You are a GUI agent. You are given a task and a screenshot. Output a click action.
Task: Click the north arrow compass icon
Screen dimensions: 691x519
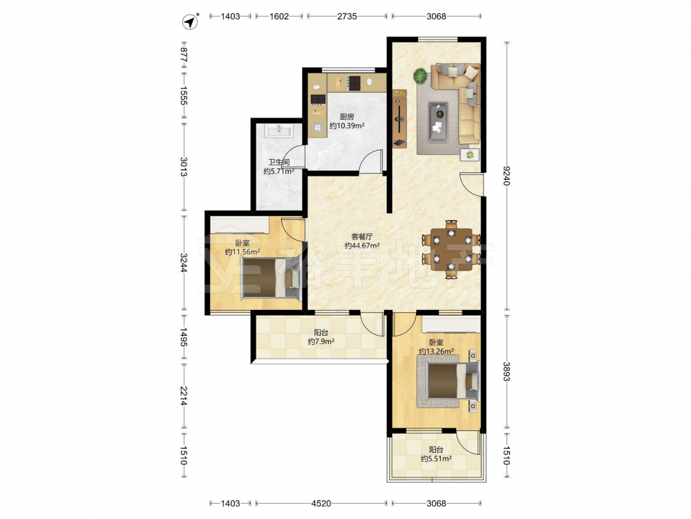point(191,21)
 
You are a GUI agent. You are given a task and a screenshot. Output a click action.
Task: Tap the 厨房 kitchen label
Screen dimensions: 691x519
point(347,116)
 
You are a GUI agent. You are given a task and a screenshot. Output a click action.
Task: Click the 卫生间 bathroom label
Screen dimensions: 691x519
point(279,163)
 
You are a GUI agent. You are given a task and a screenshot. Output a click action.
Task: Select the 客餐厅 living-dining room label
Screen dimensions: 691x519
point(362,237)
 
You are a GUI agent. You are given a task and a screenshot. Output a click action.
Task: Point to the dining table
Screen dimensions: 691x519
point(451,249)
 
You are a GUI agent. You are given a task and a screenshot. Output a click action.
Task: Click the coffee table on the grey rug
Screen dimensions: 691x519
point(438,122)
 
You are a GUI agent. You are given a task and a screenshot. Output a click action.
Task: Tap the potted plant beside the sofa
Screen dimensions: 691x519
point(420,76)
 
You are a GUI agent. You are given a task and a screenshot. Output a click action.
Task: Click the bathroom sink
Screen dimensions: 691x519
point(278,131)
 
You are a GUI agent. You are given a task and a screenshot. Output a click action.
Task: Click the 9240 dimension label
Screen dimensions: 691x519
point(507,176)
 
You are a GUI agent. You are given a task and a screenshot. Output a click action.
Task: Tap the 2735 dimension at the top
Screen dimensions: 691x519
point(347,17)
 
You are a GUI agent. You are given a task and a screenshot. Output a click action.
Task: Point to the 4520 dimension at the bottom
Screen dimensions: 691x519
point(321,503)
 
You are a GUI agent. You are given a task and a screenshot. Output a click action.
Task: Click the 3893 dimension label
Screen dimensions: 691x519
point(507,372)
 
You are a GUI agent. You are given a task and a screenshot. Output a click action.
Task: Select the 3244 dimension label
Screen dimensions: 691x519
point(183,262)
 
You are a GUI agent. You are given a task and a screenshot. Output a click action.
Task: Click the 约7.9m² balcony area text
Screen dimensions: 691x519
point(321,342)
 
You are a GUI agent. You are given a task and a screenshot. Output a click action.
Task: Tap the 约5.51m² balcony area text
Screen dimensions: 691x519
point(436,459)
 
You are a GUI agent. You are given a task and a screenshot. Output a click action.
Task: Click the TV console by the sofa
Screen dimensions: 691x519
point(399,118)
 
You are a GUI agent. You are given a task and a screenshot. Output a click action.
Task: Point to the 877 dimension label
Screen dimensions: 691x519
point(183,54)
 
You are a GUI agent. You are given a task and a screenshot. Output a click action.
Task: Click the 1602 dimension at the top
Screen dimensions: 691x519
point(279,17)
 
